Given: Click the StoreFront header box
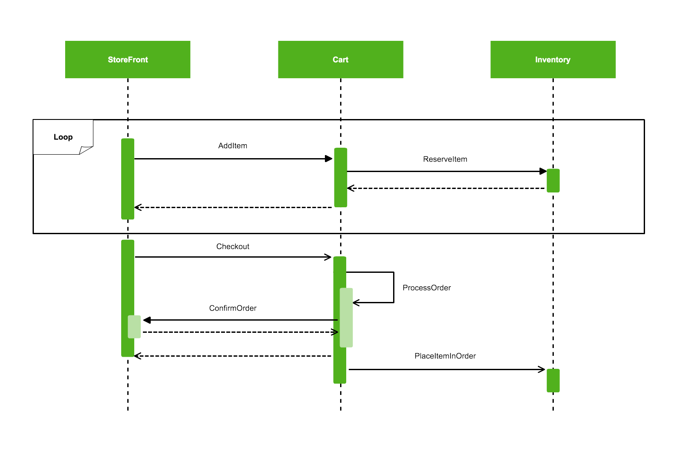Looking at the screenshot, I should pyautogui.click(x=128, y=60).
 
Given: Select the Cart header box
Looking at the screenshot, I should pyautogui.click(x=341, y=60).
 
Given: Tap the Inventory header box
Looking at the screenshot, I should pyautogui.click(x=553, y=60).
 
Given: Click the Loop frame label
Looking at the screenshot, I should pyautogui.click(x=63, y=137).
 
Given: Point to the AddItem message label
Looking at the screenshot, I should pyautogui.click(x=233, y=146).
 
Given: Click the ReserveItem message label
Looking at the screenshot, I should pyautogui.click(x=445, y=159).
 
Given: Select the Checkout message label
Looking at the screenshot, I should pyautogui.click(x=233, y=247).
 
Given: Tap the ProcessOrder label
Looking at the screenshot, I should pyautogui.click(x=427, y=288).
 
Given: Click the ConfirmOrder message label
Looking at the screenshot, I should pyautogui.click(x=233, y=308).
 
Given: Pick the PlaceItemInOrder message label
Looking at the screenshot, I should pyautogui.click(x=445, y=356).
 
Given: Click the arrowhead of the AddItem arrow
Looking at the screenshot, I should pyautogui.click(x=329, y=159).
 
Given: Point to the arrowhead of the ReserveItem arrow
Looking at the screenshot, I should pyautogui.click(x=543, y=172).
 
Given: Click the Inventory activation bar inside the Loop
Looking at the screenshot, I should pyautogui.click(x=553, y=181).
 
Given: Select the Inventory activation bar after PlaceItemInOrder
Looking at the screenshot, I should pyautogui.click(x=553, y=381).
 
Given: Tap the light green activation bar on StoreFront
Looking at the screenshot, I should pyautogui.click(x=134, y=327).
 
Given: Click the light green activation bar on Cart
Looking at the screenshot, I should pyautogui.click(x=346, y=318).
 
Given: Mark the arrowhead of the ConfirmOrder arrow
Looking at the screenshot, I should pyautogui.click(x=147, y=320).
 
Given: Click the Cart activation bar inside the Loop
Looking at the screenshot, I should pyautogui.click(x=341, y=178).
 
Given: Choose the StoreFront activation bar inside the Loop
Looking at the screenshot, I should pyautogui.click(x=128, y=179).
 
